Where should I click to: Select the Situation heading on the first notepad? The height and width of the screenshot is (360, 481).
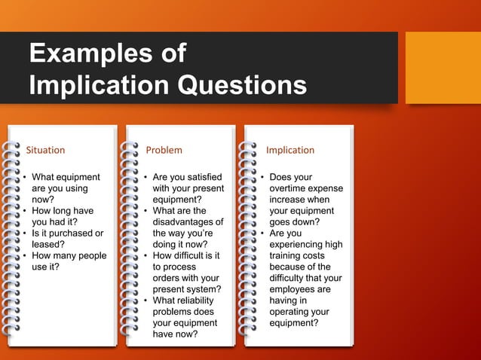pyautogui.click(x=45, y=150)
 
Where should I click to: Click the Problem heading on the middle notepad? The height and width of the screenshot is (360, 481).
pyautogui.click(x=164, y=150)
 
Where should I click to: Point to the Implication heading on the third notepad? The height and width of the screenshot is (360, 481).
pyautogui.click(x=290, y=150)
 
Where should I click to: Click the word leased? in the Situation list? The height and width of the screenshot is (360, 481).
pyautogui.click(x=48, y=245)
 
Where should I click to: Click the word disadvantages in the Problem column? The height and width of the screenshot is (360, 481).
pyautogui.click(x=188, y=222)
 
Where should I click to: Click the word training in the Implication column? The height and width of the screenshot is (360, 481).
pyautogui.click(x=287, y=256)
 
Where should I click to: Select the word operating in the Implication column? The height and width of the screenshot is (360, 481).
pyautogui.click(x=289, y=312)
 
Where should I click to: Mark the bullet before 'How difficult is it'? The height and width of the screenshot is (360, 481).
pyautogui.click(x=145, y=256)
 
